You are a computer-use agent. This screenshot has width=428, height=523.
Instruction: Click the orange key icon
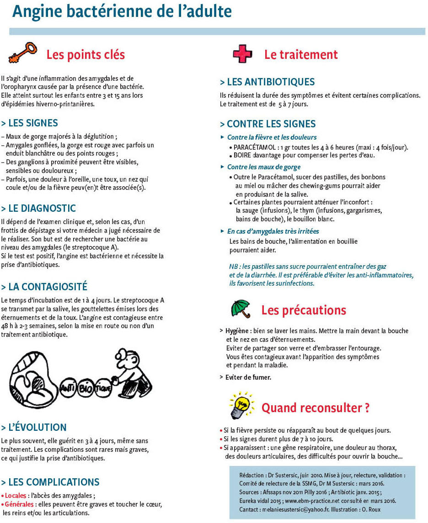click(x=22, y=52)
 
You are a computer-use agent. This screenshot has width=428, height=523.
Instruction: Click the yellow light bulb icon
click(x=241, y=404)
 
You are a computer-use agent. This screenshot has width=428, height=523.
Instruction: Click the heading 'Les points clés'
click(x=86, y=55)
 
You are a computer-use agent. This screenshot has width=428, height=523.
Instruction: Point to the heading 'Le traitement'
click(x=301, y=55)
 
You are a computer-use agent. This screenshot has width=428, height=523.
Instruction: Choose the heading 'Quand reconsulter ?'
click(x=315, y=408)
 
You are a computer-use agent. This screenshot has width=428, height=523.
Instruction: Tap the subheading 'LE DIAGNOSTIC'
click(x=38, y=208)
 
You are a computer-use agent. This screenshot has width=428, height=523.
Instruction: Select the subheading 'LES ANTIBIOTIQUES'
click(x=267, y=82)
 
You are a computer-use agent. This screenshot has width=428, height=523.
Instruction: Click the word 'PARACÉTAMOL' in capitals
click(x=254, y=147)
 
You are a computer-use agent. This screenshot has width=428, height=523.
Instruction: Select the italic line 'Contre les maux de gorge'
click(x=264, y=167)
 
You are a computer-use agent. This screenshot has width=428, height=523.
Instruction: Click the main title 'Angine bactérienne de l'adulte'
click(x=122, y=11)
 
